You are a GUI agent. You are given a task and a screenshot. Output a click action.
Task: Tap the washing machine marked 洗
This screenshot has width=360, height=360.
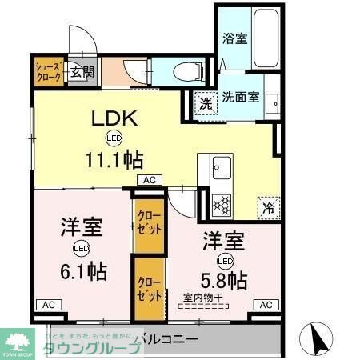(x=206, y=102)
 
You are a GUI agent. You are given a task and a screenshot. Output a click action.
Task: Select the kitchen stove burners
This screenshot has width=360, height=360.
(x=220, y=204)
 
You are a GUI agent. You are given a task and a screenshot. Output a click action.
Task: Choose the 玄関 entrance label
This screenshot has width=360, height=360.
(x=81, y=72)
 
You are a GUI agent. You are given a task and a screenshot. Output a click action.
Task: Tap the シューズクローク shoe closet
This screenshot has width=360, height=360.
(x=46, y=70)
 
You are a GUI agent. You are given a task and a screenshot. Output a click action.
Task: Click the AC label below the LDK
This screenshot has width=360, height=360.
(x=150, y=181)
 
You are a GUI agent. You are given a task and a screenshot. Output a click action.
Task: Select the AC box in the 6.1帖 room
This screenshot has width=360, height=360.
(x=48, y=305)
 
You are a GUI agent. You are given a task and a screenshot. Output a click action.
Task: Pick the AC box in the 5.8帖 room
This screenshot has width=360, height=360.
(x=266, y=304)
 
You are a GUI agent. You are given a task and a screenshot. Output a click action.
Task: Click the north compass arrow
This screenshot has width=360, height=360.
(x=317, y=340)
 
